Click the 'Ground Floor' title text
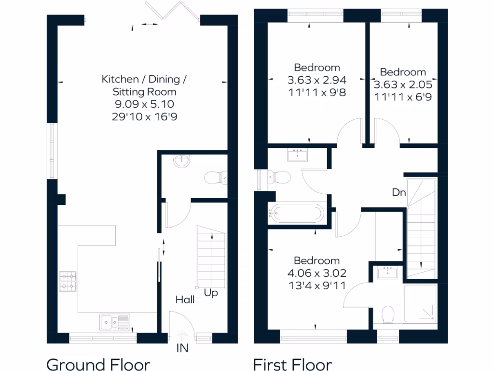[98, 364]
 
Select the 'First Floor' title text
[292, 364]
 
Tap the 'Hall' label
[185, 300]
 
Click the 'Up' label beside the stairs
[210, 293]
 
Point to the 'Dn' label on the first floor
[398, 193]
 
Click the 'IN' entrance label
[182, 348]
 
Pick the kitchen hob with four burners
[68, 281]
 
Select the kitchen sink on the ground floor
[114, 321]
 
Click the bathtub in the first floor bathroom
[296, 212]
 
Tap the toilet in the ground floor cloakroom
[215, 178]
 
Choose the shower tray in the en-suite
[420, 303]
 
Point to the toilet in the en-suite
[388, 315]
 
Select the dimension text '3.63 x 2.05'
[403, 85]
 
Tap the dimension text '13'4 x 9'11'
[317, 285]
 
